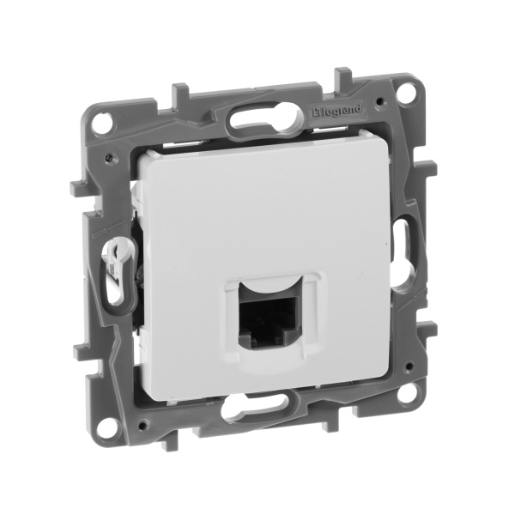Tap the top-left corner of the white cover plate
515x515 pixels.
pyautogui.click(x=147, y=154)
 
